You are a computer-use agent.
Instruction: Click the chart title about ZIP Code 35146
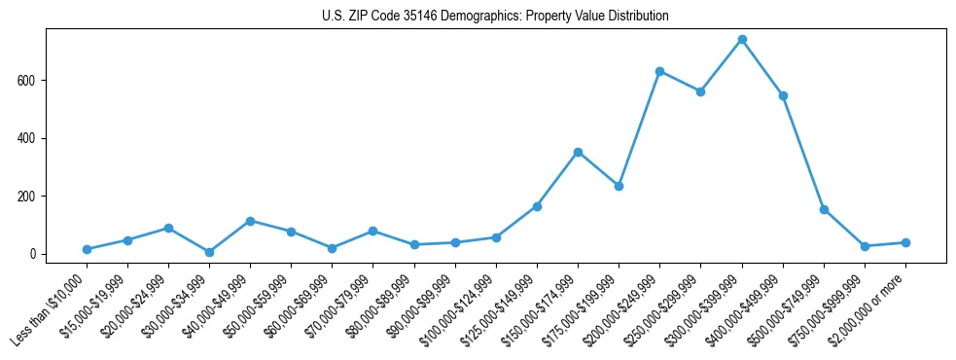tap(495, 17)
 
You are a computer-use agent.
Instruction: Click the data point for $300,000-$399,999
tap(742, 39)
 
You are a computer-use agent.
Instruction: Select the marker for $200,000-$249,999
tap(659, 71)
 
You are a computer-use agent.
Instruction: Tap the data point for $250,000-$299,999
tap(700, 91)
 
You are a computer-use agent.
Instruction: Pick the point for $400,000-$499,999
tap(783, 95)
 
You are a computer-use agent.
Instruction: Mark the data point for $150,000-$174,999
tap(578, 152)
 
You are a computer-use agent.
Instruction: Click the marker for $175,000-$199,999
tap(619, 186)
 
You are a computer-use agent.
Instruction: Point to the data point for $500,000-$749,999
tap(824, 209)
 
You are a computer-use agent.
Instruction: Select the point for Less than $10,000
tap(87, 249)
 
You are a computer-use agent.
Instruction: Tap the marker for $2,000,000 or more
tap(905, 242)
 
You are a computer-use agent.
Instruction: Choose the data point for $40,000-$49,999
tap(250, 221)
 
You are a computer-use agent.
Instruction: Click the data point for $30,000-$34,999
tap(209, 252)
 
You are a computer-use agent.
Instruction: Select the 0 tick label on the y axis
tap(32, 254)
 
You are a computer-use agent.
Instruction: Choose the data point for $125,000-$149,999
tap(537, 206)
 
